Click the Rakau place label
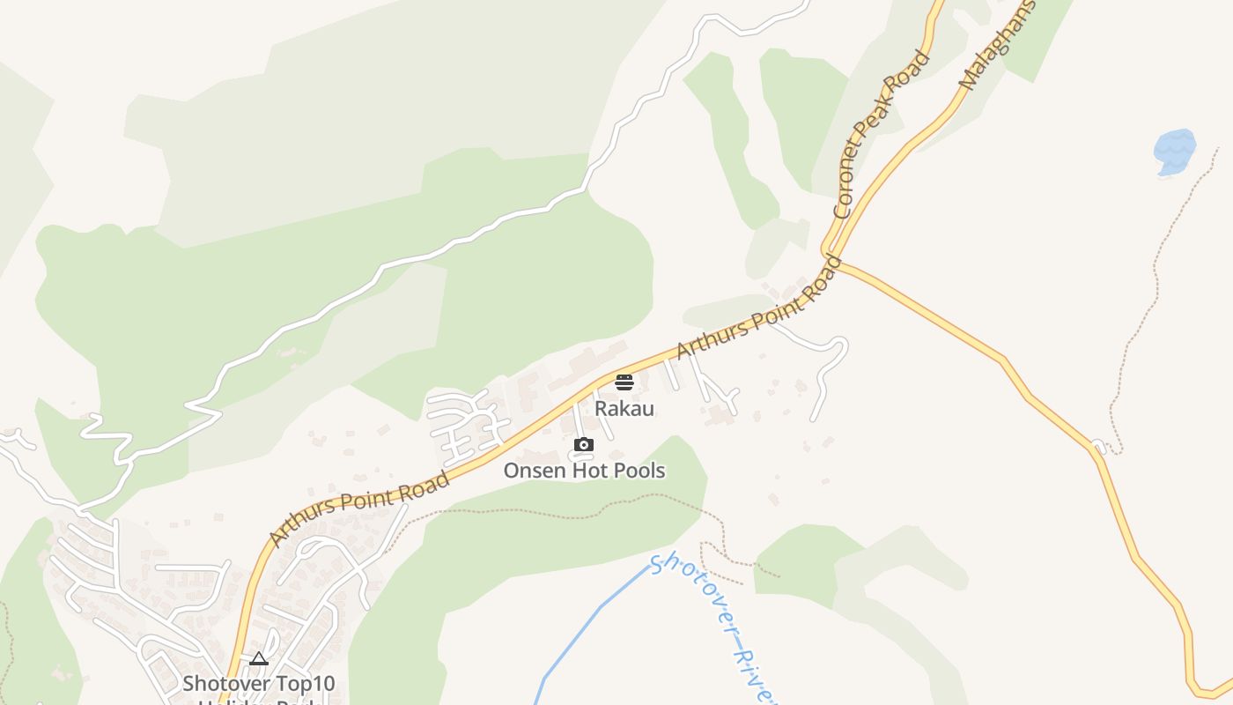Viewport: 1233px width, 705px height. tap(624, 409)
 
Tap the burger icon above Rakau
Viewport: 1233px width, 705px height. tap(624, 382)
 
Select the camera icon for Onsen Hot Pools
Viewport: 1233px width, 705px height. tap(583, 445)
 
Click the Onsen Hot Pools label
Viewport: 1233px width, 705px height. tap(584, 471)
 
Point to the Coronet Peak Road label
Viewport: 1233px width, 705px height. tap(882, 134)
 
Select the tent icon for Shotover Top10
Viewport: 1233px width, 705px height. tap(258, 658)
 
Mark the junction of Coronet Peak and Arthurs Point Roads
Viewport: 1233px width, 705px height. tap(831, 254)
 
